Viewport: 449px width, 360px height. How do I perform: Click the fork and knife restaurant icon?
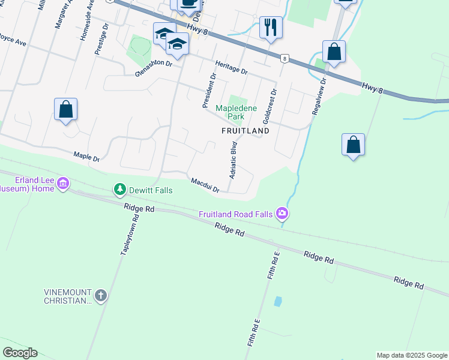click(271, 27)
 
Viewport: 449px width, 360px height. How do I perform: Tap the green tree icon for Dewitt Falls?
click(120, 190)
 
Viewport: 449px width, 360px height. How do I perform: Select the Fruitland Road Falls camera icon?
click(282, 214)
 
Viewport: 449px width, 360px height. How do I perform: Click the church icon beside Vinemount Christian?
click(100, 296)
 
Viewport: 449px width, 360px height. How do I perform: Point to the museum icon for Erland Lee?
click(63, 183)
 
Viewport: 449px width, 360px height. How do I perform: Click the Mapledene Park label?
click(236, 112)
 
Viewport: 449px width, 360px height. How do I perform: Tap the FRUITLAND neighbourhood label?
click(245, 130)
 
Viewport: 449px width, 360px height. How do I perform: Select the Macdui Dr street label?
click(205, 185)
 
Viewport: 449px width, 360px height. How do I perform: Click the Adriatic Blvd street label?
click(234, 160)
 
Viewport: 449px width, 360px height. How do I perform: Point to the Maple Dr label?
click(86, 157)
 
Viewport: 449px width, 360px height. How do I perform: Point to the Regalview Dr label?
click(317, 95)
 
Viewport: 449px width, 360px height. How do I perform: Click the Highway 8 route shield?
click(285, 59)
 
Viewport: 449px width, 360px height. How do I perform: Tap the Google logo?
click(20, 353)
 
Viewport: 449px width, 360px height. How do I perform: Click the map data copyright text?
click(412, 355)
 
